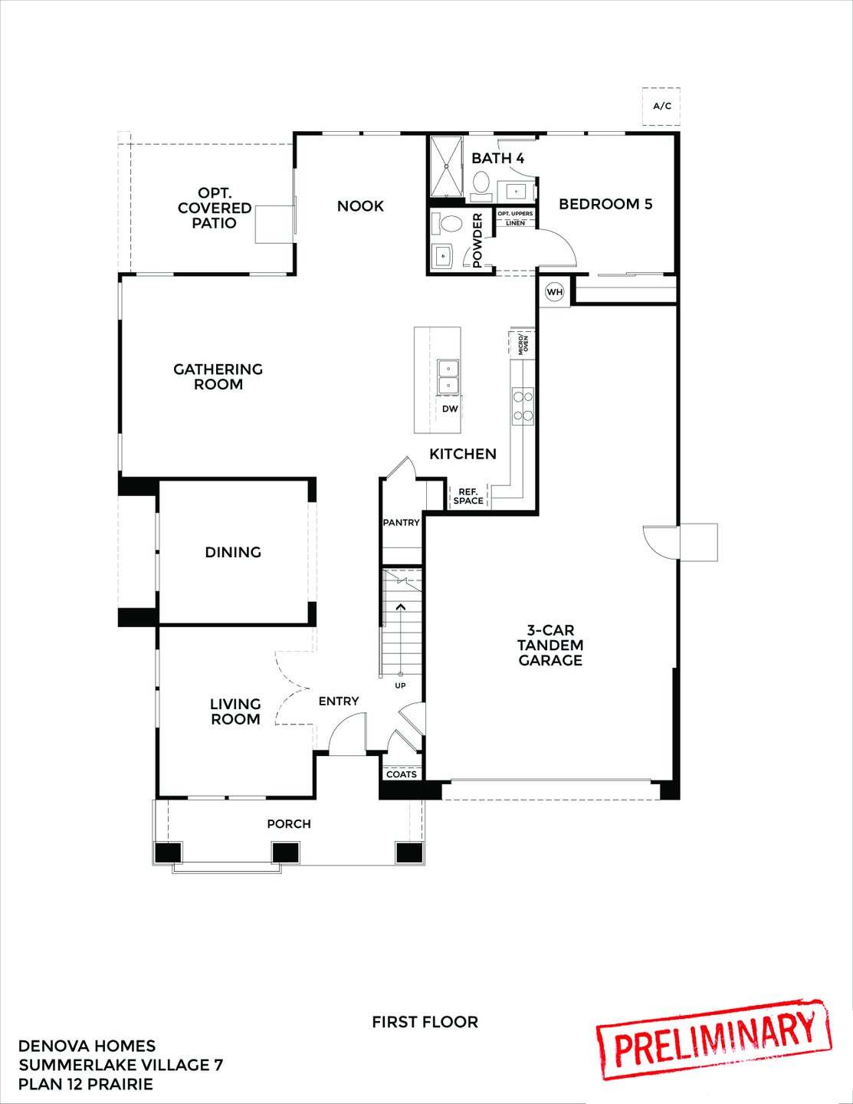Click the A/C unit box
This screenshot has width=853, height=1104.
coord(661,106)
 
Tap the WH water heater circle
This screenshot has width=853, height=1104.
coord(555,292)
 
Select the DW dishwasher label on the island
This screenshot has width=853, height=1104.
coord(450,409)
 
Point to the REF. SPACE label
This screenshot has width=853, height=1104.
coord(468,496)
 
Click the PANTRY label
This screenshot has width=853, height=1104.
coord(402,523)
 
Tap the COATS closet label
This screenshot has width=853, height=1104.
coord(402,774)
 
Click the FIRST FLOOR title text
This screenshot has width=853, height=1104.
coord(425,1022)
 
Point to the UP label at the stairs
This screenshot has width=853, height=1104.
coord(400,685)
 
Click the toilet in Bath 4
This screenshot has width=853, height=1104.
coord(481,183)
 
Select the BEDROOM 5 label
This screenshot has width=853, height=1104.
coord(605,204)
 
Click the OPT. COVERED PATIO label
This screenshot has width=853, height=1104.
coord(215,208)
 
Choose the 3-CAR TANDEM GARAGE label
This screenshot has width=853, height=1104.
coord(550,645)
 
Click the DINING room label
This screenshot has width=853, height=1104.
coord(233,552)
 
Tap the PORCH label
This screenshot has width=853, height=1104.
coord(289,824)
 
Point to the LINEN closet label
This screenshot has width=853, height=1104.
coord(516,223)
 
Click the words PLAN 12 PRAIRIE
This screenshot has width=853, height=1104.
coord(86,1084)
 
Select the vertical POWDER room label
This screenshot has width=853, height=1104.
coord(477,241)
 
